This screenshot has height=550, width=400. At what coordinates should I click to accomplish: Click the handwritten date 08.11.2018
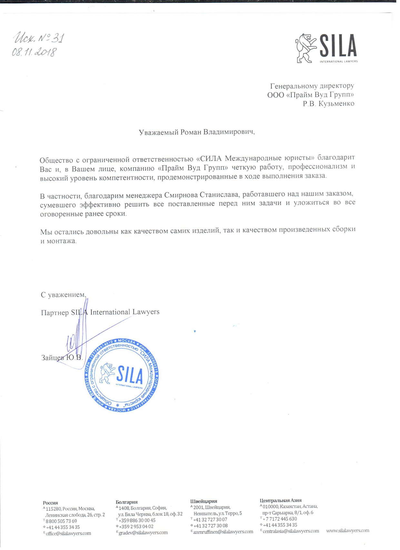point(34,52)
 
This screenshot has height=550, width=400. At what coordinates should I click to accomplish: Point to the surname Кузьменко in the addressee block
point(336,104)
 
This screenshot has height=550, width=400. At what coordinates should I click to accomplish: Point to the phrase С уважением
point(63,295)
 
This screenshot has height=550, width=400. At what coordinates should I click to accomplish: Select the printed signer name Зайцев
point(53,357)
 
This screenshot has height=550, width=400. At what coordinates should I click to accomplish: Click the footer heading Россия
point(50,503)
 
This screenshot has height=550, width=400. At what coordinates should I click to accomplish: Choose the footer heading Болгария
point(126,502)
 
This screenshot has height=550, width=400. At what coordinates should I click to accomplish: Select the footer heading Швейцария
point(204,501)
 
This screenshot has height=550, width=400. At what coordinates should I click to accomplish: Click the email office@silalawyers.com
point(68,533)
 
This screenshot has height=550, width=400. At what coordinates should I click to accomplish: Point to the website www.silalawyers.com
point(347,530)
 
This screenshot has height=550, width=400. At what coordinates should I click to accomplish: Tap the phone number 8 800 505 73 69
point(61,521)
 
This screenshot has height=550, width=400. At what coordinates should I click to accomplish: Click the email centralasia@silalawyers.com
point(291,531)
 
